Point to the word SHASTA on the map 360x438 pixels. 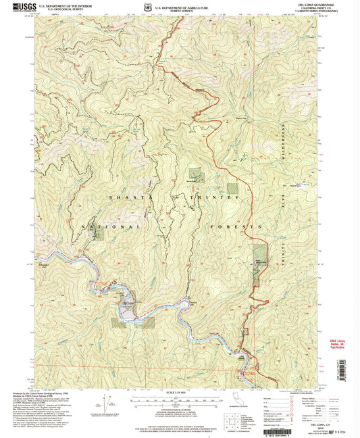[x=120, y=196]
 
